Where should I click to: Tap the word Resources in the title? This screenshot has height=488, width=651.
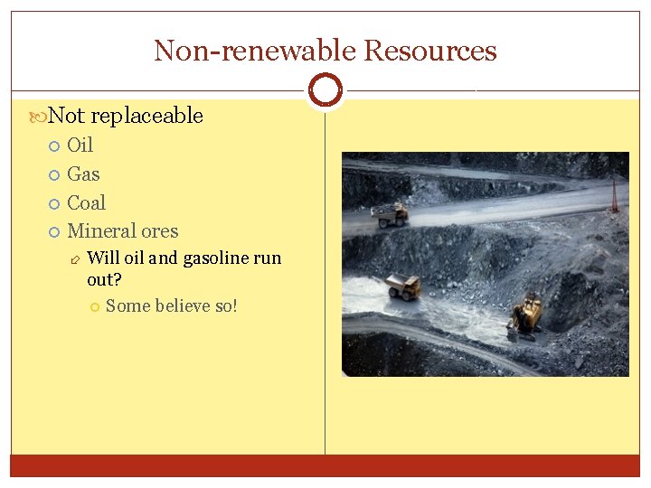429,51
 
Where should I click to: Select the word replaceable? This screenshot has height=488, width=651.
146,116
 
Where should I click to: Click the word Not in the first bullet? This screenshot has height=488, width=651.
66,116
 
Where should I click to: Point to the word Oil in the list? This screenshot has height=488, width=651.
80,145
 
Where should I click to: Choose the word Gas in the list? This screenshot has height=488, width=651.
83,174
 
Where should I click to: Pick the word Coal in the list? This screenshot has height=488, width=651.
86,202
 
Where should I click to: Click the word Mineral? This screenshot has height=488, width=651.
102,231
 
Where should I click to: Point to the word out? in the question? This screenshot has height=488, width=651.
104,280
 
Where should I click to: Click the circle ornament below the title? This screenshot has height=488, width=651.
325,90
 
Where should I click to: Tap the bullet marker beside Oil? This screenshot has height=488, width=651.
54,145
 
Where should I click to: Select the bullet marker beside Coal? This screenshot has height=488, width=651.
54,203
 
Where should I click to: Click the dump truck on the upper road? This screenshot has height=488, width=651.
390,215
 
